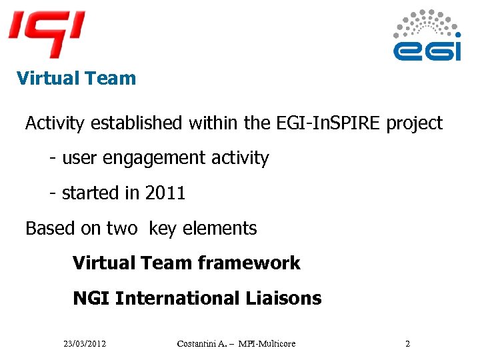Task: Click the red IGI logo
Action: [x=46, y=33]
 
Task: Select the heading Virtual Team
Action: [x=76, y=79]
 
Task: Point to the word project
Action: [x=415, y=123]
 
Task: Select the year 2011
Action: [x=165, y=193]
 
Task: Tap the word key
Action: [x=162, y=229]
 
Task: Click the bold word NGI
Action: [x=91, y=298]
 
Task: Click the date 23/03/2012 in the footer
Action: [x=85, y=344]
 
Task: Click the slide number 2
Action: [x=407, y=344]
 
